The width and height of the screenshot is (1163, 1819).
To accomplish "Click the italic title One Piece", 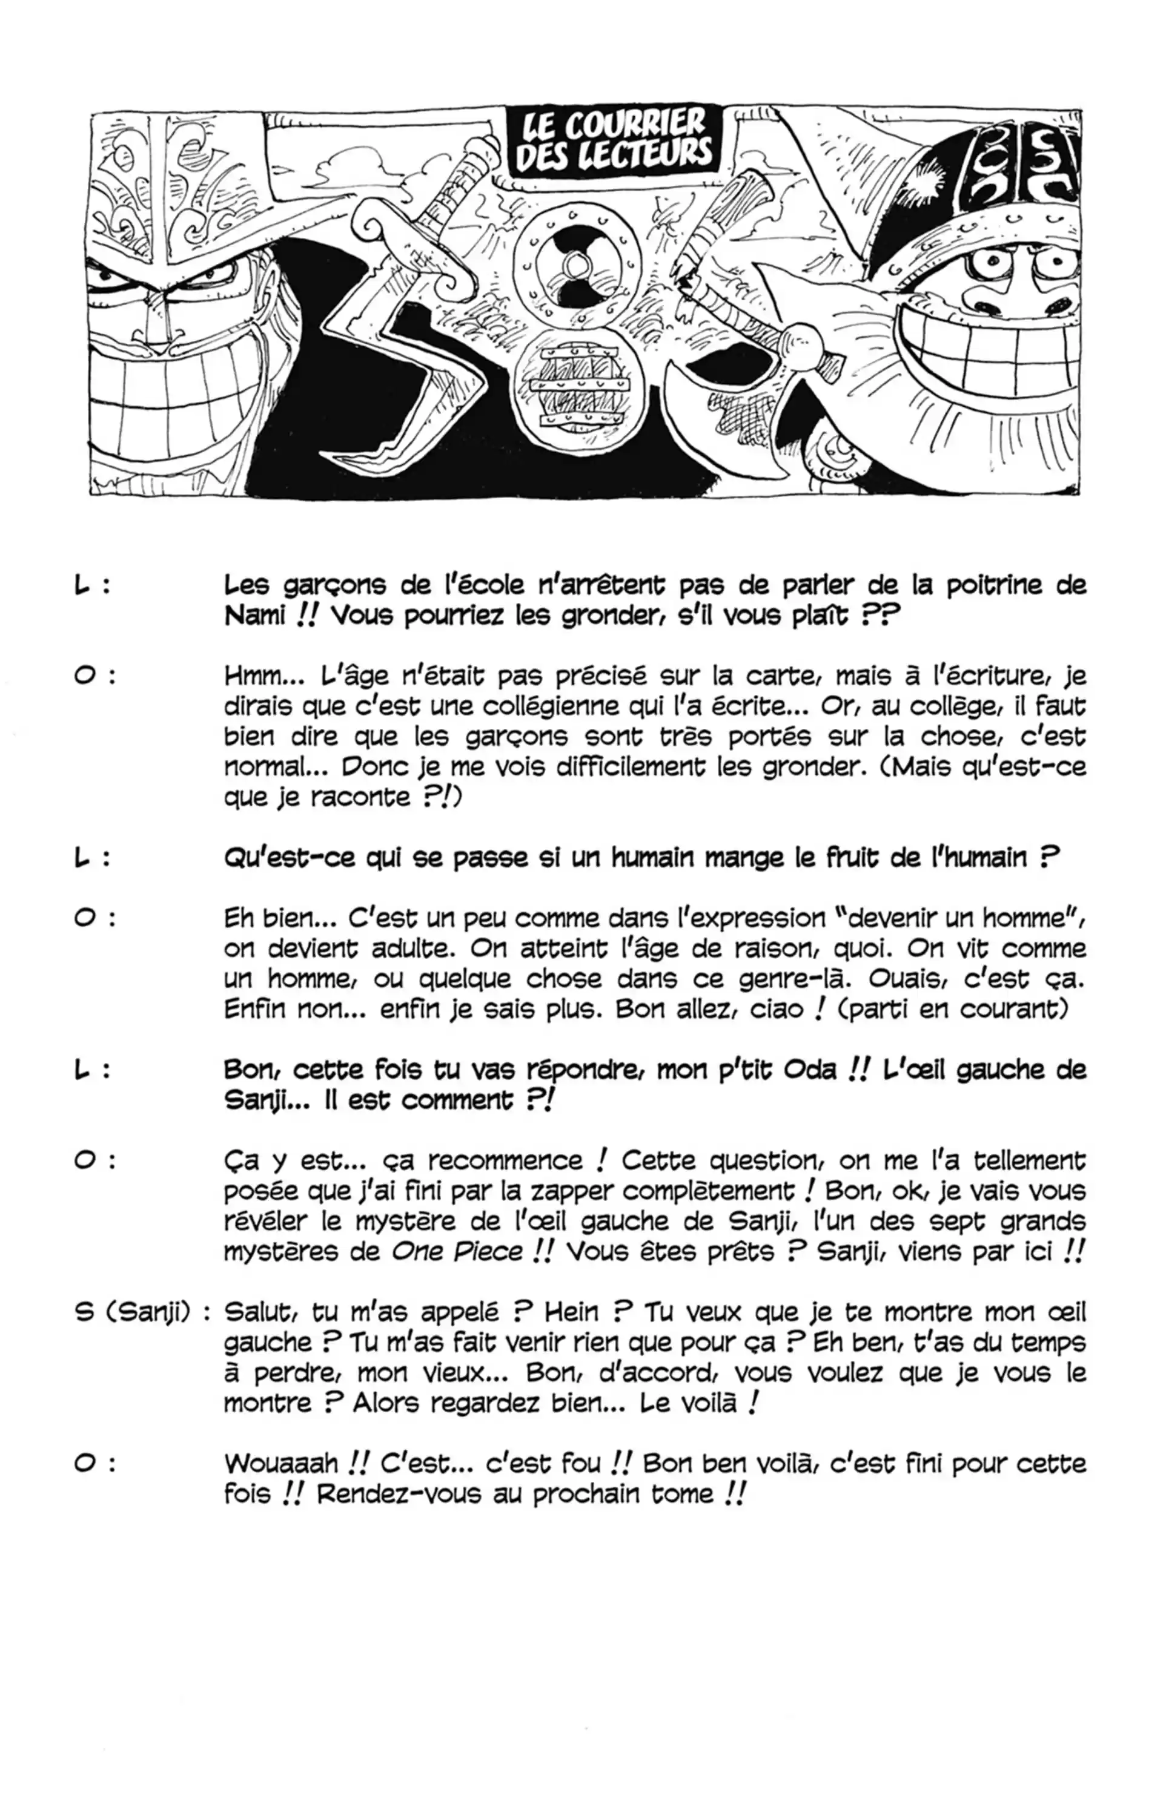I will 457,1252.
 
